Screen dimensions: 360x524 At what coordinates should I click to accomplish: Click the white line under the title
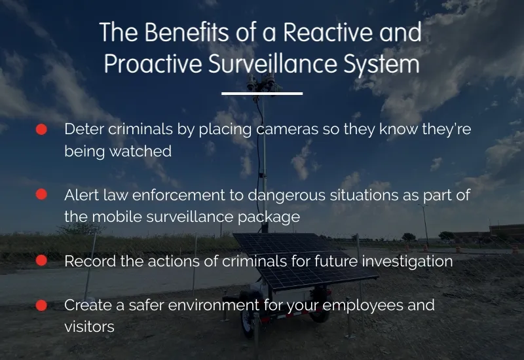click(x=262, y=94)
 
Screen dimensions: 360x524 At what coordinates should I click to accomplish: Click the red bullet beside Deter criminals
click(x=41, y=130)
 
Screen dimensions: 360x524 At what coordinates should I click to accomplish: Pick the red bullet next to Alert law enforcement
click(x=41, y=194)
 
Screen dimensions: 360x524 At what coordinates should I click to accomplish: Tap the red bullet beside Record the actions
click(x=41, y=261)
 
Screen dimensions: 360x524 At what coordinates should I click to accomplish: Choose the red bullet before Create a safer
click(x=41, y=305)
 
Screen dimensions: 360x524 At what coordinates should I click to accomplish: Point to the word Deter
click(x=83, y=130)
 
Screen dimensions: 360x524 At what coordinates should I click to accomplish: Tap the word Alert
click(x=81, y=194)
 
